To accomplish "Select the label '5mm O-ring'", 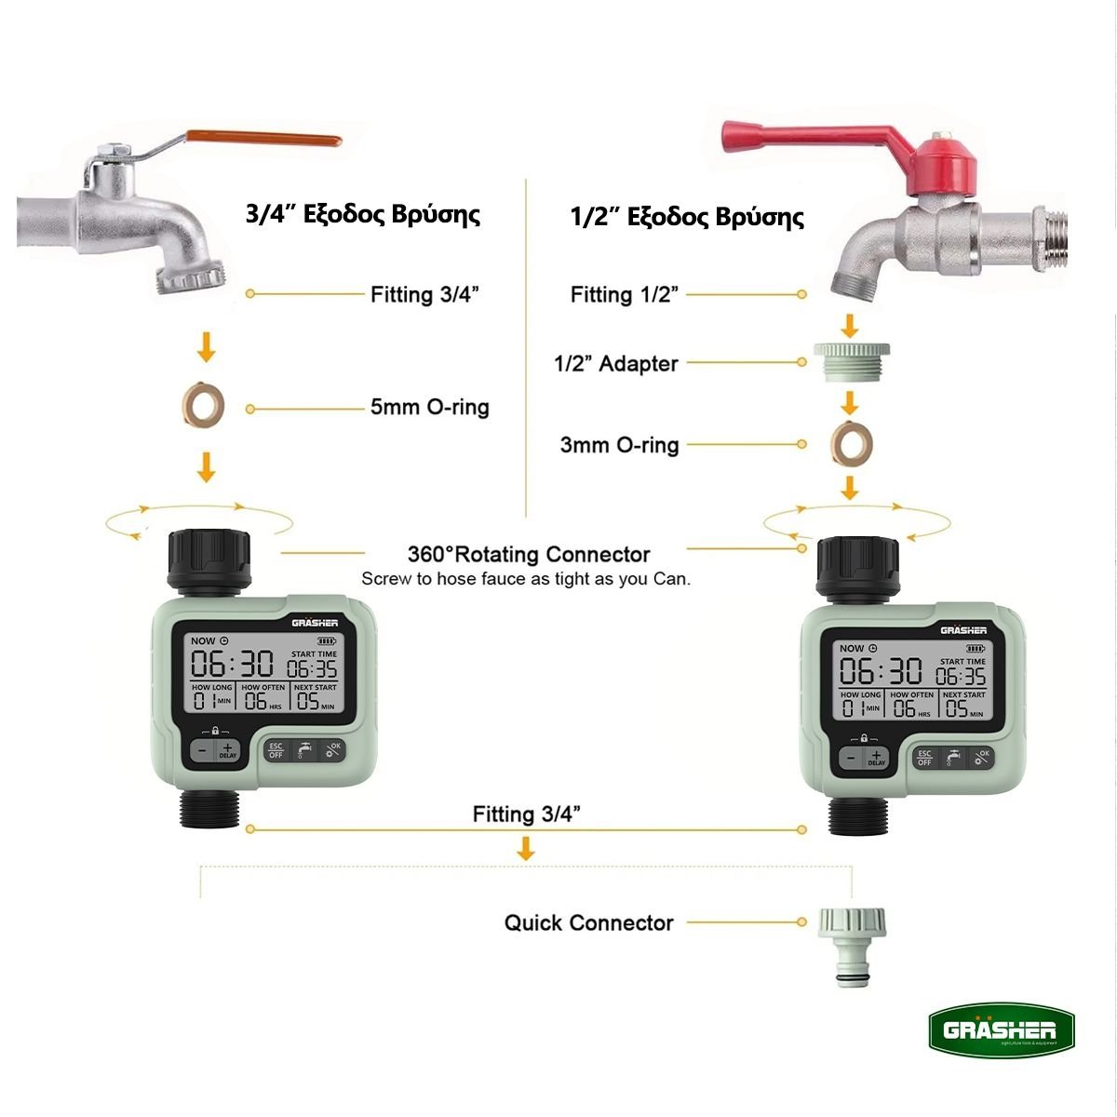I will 429,407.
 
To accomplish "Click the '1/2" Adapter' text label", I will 616,364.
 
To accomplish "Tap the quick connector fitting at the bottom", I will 851,945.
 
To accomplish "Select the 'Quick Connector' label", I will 588,923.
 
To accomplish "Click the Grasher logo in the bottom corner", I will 1000,1030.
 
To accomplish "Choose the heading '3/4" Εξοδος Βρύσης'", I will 363,214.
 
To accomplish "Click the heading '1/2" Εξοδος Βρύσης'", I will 687,218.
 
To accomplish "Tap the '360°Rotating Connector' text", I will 529,555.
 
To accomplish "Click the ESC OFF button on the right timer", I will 924,758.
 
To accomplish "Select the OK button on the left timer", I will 332,750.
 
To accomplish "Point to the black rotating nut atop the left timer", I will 209,560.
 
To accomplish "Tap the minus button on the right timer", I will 851,759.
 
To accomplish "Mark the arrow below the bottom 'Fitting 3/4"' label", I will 526,848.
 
